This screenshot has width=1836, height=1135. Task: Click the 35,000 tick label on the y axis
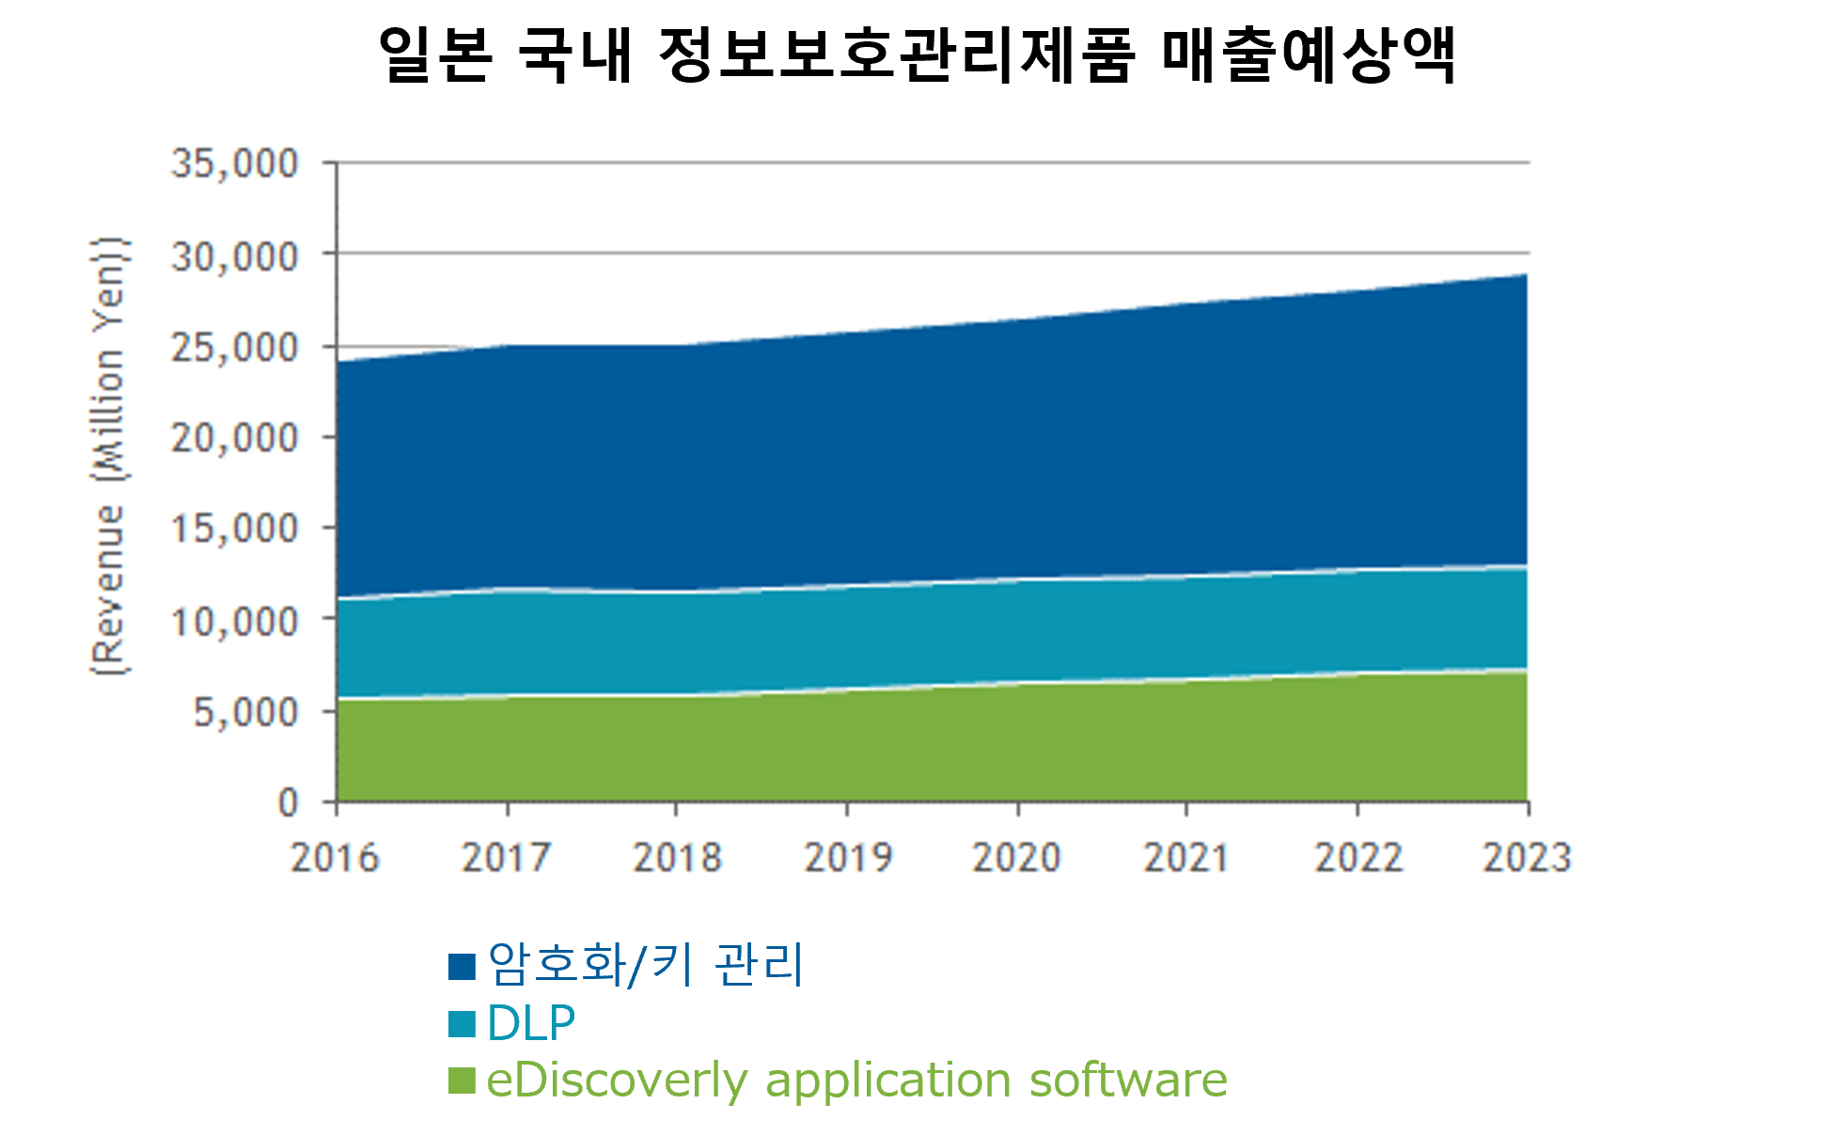tap(234, 163)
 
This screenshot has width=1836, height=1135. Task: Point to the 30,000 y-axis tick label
tap(234, 256)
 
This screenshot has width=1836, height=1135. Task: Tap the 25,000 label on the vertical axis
tap(234, 348)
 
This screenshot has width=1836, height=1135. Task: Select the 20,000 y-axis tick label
tap(234, 438)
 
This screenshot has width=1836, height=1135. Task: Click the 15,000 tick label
tap(234, 529)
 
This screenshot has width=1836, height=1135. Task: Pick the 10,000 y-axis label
tap(234, 621)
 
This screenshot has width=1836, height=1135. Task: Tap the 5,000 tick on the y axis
tap(245, 712)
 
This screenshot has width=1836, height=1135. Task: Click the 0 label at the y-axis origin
tap(288, 803)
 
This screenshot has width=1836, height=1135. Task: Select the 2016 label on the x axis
tap(335, 858)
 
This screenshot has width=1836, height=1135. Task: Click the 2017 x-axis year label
tap(506, 858)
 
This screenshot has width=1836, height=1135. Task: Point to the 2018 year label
tap(677, 858)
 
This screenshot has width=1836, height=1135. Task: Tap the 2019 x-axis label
tap(848, 858)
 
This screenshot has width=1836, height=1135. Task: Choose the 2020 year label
tap(1016, 858)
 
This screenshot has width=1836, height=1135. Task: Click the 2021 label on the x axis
tap(1186, 858)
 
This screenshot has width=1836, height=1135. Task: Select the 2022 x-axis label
tap(1358, 858)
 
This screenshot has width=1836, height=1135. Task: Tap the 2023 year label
tap(1527, 858)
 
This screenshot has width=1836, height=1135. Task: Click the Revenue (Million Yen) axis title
tap(109, 457)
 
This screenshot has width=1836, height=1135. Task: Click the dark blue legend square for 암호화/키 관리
tap(462, 967)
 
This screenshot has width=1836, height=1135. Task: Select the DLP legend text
tap(530, 1023)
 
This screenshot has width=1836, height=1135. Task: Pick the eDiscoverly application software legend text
tap(856, 1081)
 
